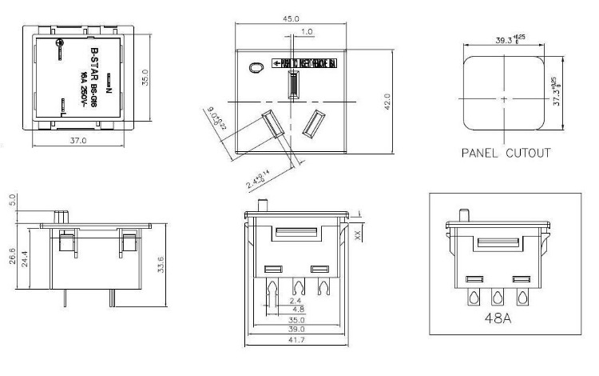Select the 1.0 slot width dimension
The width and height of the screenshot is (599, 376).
point(307,32)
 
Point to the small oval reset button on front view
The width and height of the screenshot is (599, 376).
point(256,69)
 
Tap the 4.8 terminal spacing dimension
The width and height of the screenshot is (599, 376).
point(299,308)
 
